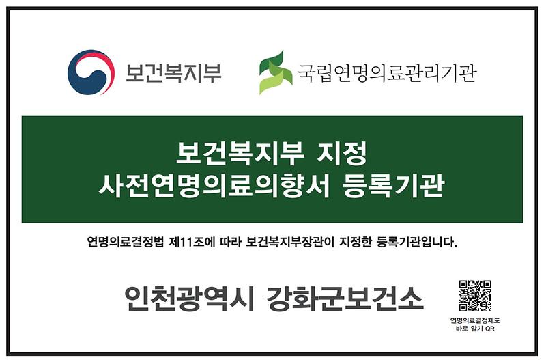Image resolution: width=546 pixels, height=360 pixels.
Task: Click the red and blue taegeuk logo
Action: tap(90, 72)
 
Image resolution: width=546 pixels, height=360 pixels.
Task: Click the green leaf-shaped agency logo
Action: tap(275, 72)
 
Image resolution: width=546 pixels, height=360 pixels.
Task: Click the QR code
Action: tap(474, 296)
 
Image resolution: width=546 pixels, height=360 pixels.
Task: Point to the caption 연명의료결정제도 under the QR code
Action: tap(474, 320)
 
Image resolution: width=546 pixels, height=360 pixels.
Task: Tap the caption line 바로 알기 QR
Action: tap(474, 329)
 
